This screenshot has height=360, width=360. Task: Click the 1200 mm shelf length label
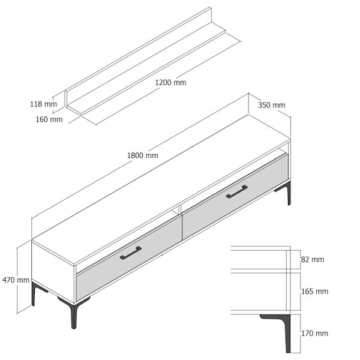[x=170, y=82]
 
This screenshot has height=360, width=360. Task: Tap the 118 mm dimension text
[x=43, y=104]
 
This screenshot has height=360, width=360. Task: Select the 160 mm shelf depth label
[x=49, y=119]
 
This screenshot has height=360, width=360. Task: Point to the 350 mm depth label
[x=272, y=105]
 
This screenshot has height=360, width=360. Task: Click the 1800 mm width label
[x=143, y=155]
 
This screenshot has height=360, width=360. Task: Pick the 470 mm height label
[x=16, y=280]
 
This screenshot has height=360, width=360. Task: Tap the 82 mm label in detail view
[x=313, y=260]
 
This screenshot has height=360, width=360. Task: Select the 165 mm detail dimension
[x=315, y=292]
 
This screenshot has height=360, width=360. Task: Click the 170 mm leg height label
[x=315, y=334]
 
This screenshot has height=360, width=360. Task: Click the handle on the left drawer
[x=131, y=253]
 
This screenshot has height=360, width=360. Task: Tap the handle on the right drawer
[x=237, y=192]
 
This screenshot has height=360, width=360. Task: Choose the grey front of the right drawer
[x=235, y=196]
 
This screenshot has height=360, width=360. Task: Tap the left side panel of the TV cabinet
[x=53, y=271]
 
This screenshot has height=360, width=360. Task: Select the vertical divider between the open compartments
[x=179, y=210]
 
